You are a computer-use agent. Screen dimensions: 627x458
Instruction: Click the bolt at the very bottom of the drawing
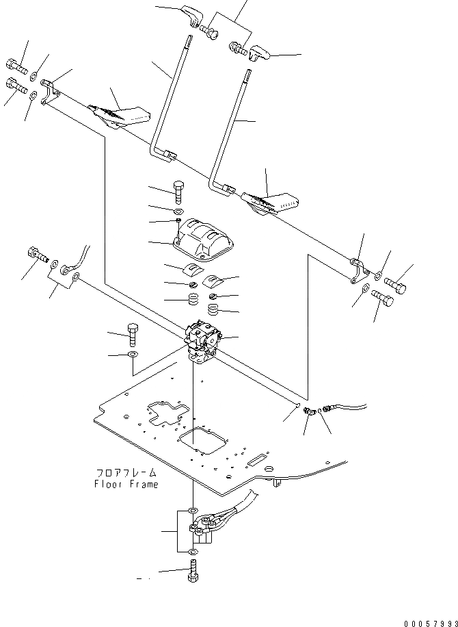click(191, 570)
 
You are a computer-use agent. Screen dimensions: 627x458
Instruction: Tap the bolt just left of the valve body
click(133, 334)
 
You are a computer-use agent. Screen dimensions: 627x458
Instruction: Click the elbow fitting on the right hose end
click(310, 412)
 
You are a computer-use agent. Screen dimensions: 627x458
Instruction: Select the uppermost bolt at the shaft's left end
click(17, 68)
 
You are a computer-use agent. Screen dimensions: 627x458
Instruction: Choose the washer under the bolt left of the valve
click(132, 355)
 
